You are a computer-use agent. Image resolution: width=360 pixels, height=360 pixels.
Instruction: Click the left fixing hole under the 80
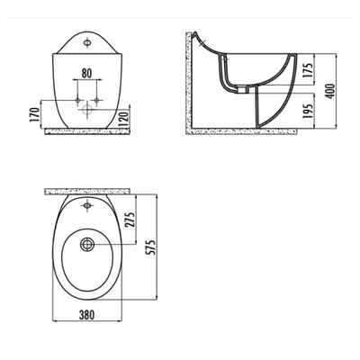75,96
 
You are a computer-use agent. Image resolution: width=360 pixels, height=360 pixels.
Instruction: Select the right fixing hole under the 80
99,96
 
